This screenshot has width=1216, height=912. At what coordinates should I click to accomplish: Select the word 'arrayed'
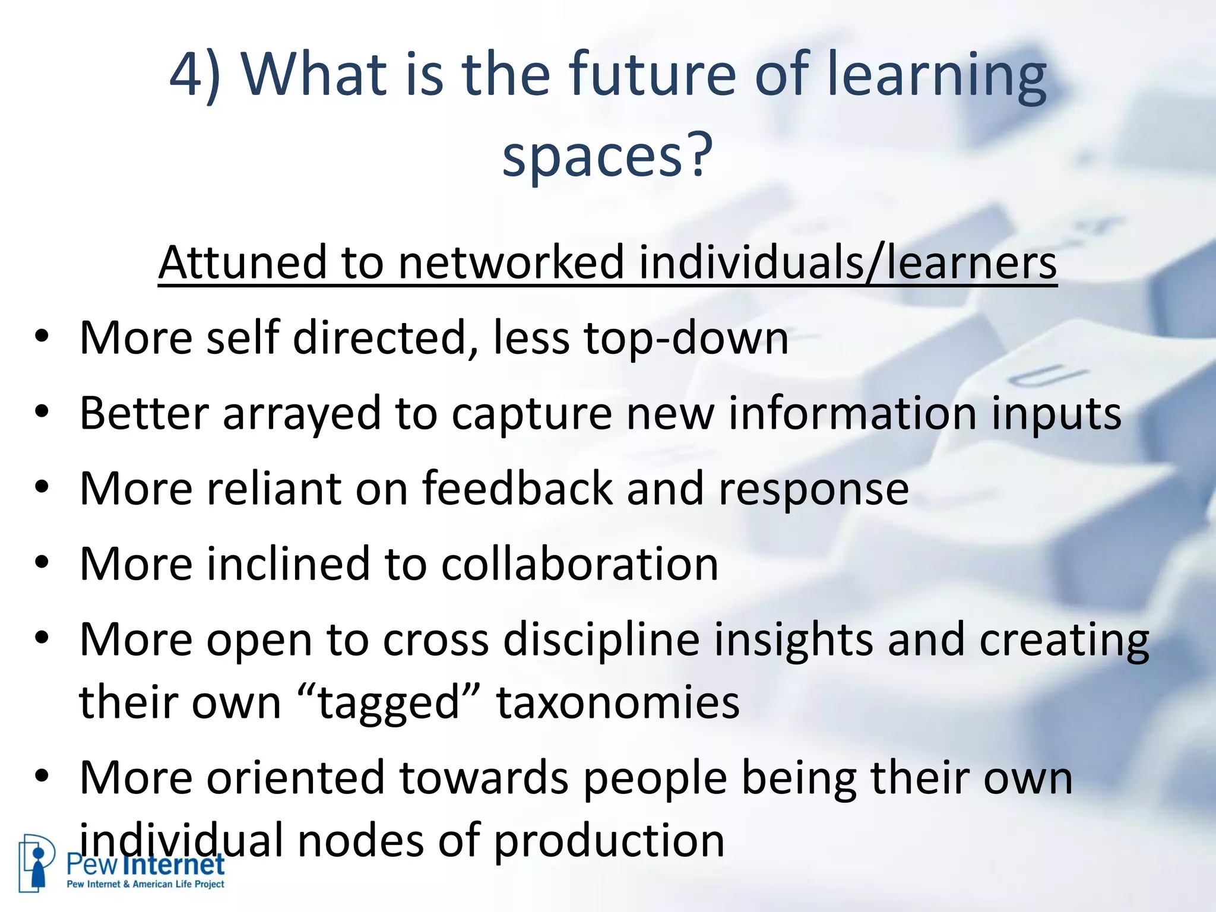point(302,414)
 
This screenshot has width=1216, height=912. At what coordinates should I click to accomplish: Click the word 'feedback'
point(518,489)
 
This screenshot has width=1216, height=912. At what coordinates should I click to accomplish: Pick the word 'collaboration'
point(579,564)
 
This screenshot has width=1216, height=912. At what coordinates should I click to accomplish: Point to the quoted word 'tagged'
point(390,703)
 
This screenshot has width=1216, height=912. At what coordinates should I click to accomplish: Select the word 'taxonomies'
point(618,703)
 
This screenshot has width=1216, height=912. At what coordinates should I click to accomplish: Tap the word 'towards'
point(484,778)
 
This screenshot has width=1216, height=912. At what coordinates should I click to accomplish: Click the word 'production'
point(609,841)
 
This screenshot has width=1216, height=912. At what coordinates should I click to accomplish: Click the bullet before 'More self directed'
point(41,337)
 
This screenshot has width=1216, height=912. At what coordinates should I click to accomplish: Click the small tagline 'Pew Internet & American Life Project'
point(145,885)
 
